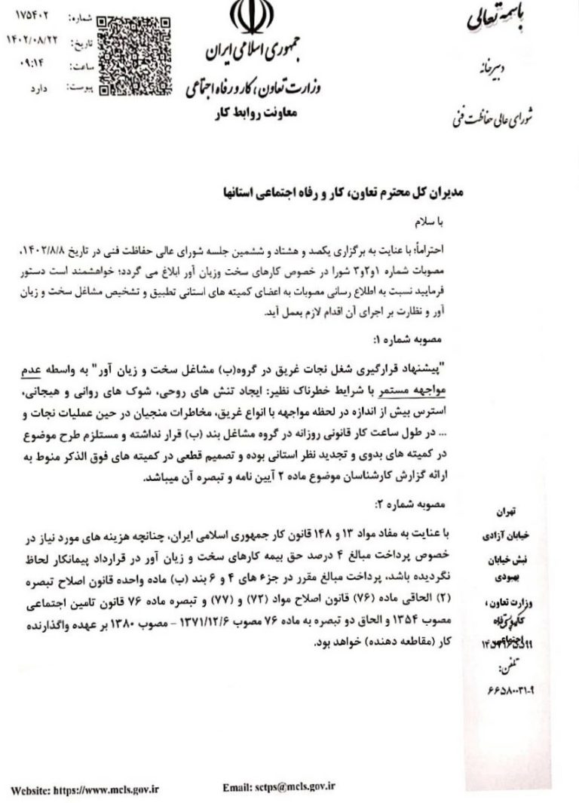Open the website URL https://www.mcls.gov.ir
(x=86, y=789)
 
